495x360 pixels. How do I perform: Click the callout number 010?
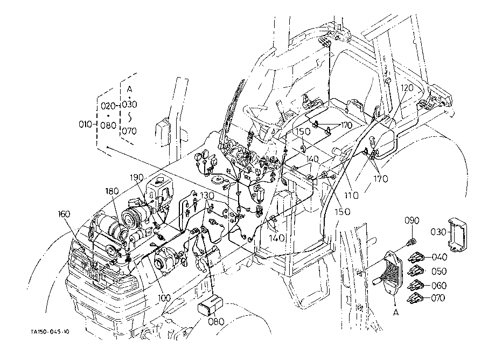(86, 124)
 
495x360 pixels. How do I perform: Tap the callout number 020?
(108, 106)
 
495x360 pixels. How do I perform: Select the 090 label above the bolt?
(412, 221)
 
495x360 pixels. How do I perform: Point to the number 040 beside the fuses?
(440, 258)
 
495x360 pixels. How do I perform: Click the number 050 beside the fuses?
(439, 271)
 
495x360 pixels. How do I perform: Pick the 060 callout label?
(439, 286)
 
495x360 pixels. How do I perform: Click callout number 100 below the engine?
(164, 297)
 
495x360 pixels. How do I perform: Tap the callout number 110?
(352, 196)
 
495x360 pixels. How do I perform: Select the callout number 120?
(407, 88)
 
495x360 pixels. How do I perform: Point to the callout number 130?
(207, 196)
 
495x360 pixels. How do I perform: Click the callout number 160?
(64, 214)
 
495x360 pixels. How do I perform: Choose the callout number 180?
(112, 191)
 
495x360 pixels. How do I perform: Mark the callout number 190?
(136, 177)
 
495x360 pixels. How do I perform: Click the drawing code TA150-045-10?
(50, 331)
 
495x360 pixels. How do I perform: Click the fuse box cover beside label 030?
(457, 236)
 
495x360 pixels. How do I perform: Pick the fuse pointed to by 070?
(416, 299)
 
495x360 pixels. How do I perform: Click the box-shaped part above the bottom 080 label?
(210, 306)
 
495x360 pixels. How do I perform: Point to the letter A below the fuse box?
(396, 313)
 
